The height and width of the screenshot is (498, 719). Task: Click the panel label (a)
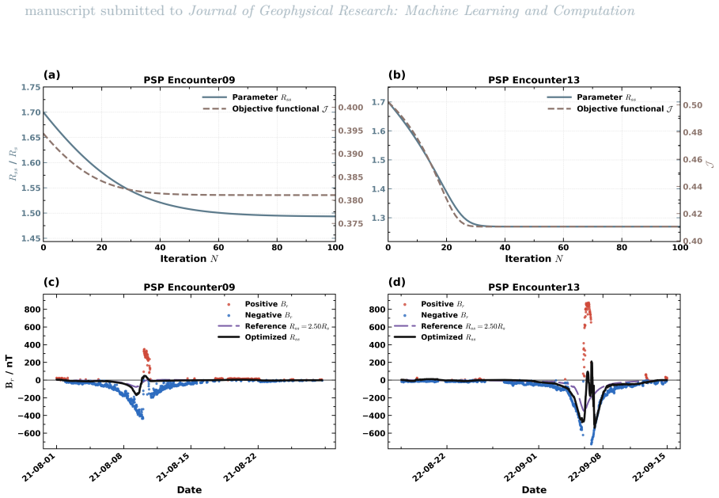tap(52, 74)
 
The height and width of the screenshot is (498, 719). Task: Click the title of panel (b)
tap(534, 80)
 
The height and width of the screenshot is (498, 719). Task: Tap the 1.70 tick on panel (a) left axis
tap(31, 112)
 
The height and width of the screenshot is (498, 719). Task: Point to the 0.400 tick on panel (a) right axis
tap(350, 108)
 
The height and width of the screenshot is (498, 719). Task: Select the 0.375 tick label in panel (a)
tap(350, 223)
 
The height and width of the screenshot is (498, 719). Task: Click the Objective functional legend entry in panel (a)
tap(265, 108)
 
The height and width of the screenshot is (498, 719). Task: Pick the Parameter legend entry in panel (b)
tap(592, 97)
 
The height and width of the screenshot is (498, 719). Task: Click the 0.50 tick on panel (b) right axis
tap(693, 105)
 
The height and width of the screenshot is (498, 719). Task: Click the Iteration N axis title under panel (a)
tap(189, 259)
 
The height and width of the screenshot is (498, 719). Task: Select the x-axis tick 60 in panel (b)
tap(563, 247)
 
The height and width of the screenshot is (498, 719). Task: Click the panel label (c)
tap(51, 282)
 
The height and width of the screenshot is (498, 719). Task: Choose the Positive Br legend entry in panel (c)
tap(258, 304)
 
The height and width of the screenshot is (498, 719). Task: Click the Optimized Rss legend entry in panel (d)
tap(435, 337)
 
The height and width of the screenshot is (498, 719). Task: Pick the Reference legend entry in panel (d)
tap(450, 326)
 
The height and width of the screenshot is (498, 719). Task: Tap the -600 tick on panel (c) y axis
tap(32, 433)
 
